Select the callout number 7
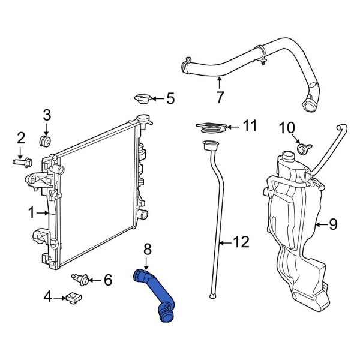(x=220, y=97)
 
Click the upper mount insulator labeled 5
(x=143, y=99)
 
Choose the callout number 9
(x=333, y=224)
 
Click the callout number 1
(x=31, y=212)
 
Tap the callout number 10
(x=287, y=128)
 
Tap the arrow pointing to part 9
(x=319, y=224)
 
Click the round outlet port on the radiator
(x=142, y=214)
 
